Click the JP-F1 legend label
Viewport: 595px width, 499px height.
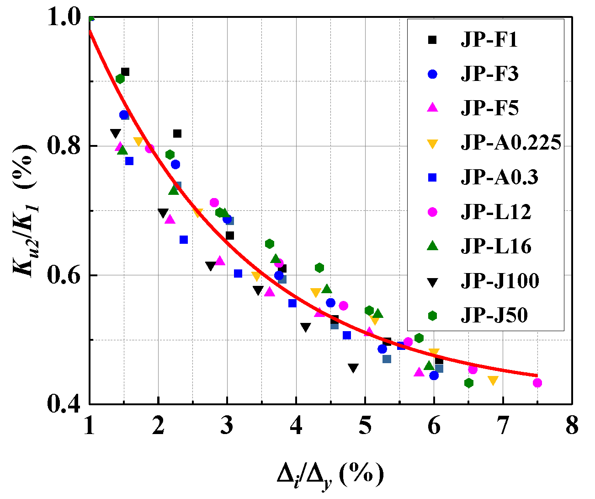click(x=489, y=40)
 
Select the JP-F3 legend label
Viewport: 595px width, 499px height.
click(x=489, y=75)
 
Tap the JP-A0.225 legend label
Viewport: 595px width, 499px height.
click(x=510, y=143)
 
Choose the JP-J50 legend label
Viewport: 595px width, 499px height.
click(x=494, y=315)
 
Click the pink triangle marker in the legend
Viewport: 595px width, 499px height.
click(x=432, y=108)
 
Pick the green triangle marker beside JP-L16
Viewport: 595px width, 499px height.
click(x=432, y=246)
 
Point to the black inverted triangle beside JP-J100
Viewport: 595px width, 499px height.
click(x=432, y=281)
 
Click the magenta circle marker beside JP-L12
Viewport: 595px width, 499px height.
click(x=432, y=212)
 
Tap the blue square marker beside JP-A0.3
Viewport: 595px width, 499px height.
click(x=432, y=177)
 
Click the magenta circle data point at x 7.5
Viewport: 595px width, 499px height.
click(x=537, y=383)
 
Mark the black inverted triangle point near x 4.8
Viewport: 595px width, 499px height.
click(x=353, y=368)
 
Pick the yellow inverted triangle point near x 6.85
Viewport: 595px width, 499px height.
click(x=493, y=380)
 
